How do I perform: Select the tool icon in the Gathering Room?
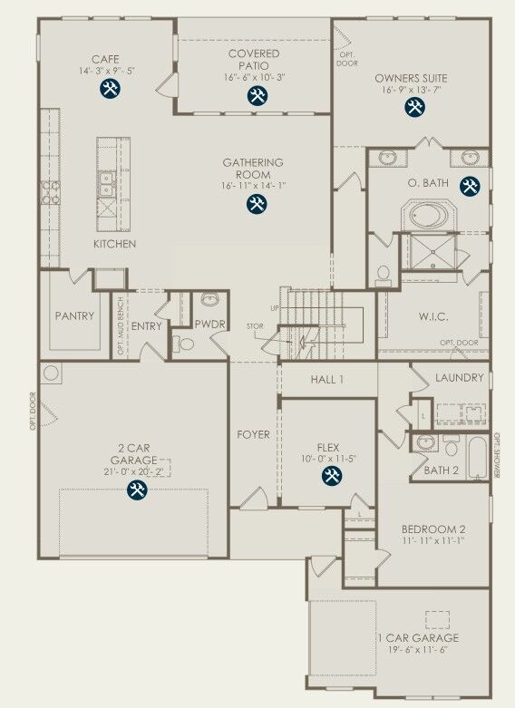(x=257, y=204)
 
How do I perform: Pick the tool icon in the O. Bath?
(x=469, y=187)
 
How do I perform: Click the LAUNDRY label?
(x=459, y=378)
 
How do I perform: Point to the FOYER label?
(x=254, y=435)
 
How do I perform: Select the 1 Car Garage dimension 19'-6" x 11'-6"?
(x=413, y=650)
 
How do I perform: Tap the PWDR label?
(x=210, y=324)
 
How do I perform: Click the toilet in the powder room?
(x=186, y=344)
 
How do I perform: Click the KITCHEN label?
(x=115, y=245)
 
